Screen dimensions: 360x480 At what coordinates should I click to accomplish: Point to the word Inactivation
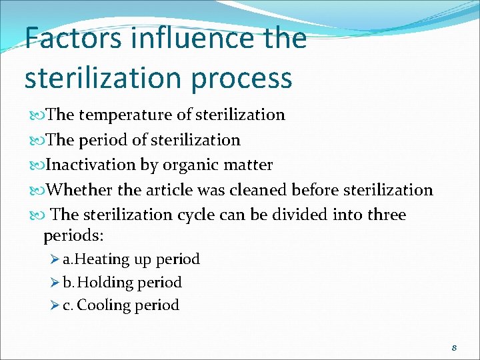(93, 165)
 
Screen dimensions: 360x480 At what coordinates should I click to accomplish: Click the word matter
(249, 165)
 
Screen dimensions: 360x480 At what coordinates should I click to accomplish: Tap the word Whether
(80, 190)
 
